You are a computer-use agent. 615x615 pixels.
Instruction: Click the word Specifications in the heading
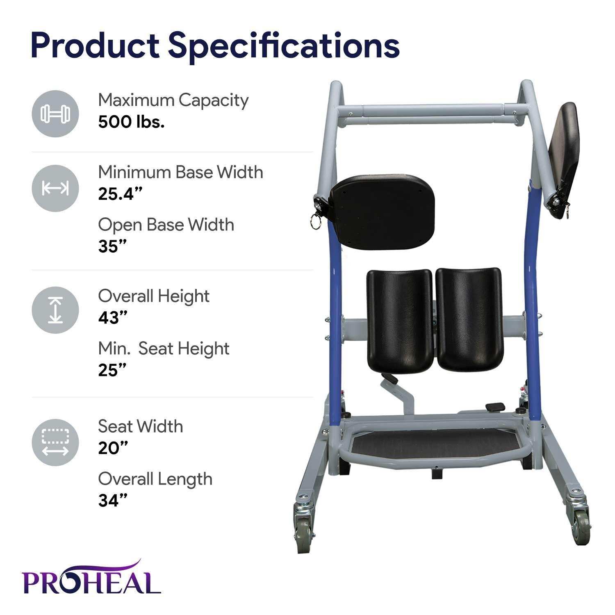point(284,46)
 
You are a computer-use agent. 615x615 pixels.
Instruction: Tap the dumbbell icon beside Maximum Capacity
point(55,114)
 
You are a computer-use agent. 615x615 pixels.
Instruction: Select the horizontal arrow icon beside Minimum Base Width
point(55,188)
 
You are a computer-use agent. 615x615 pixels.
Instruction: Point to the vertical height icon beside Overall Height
point(55,310)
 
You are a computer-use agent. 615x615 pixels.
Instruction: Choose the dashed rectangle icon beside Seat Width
point(55,442)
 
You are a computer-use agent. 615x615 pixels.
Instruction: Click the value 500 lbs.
point(131,122)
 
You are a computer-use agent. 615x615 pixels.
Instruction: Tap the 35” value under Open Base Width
point(112,246)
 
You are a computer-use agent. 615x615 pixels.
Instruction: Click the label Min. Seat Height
point(163,348)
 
